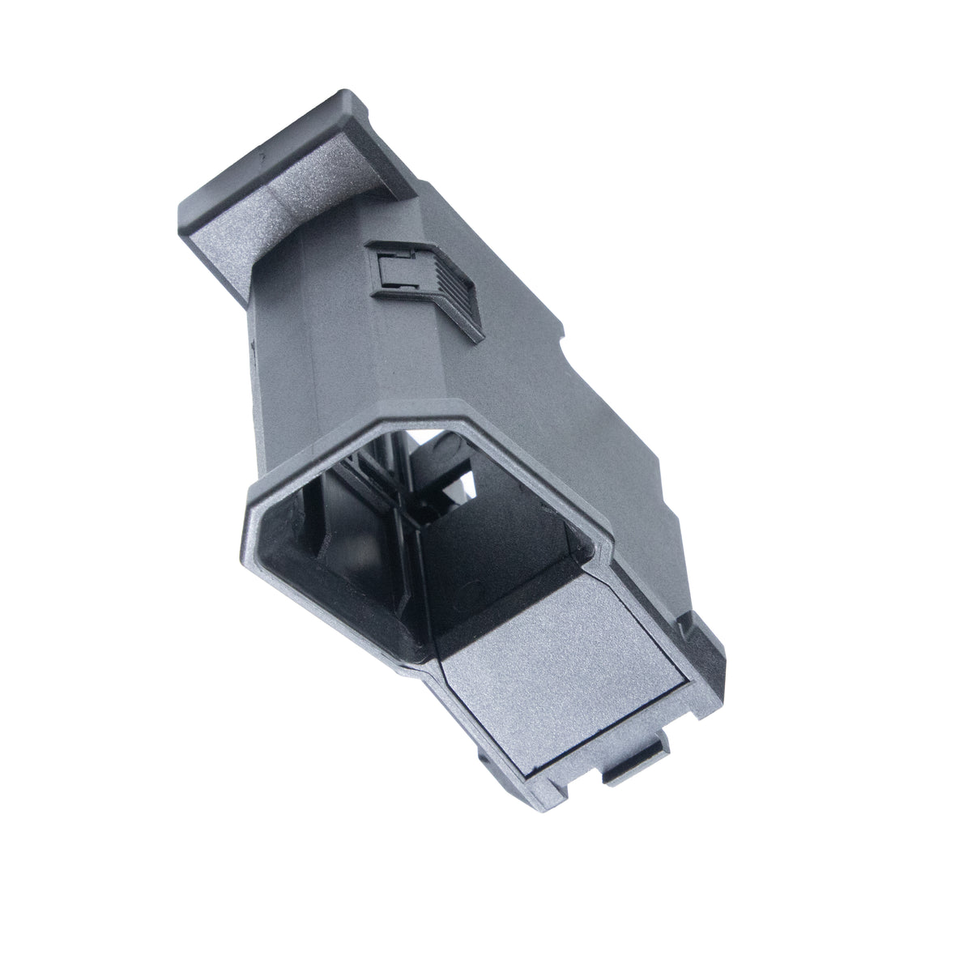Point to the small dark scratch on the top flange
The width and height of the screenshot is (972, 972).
pos(260,151)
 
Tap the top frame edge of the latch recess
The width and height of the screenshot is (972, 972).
pos(421,245)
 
